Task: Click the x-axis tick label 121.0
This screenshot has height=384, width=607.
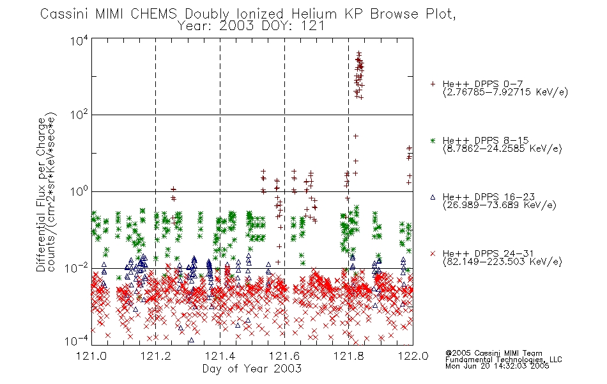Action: click(x=92, y=356)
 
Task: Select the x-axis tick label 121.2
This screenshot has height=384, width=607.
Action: click(x=156, y=356)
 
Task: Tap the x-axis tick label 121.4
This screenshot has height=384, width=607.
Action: click(x=220, y=356)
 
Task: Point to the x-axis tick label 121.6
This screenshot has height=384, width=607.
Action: click(x=284, y=356)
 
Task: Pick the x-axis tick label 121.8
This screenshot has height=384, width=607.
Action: click(x=349, y=356)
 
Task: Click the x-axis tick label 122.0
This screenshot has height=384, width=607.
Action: click(x=413, y=356)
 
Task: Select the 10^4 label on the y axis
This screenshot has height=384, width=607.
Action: click(x=79, y=40)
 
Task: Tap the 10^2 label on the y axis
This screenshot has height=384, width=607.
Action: click(x=79, y=115)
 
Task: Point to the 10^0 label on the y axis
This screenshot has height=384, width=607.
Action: click(x=79, y=191)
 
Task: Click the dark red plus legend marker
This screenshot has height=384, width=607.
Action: click(x=433, y=84)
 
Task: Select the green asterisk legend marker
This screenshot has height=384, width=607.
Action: click(x=433, y=140)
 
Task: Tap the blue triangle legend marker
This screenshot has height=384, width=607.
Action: click(x=433, y=197)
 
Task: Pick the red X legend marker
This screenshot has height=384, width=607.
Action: click(x=433, y=253)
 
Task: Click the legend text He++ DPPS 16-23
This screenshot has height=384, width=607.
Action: click(x=489, y=197)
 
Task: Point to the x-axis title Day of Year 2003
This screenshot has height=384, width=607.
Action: click(x=252, y=369)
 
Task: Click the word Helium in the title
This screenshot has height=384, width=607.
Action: click(x=314, y=14)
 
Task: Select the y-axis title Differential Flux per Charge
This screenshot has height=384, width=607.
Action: click(x=41, y=195)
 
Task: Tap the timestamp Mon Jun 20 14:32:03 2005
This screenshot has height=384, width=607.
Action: click(x=497, y=366)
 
